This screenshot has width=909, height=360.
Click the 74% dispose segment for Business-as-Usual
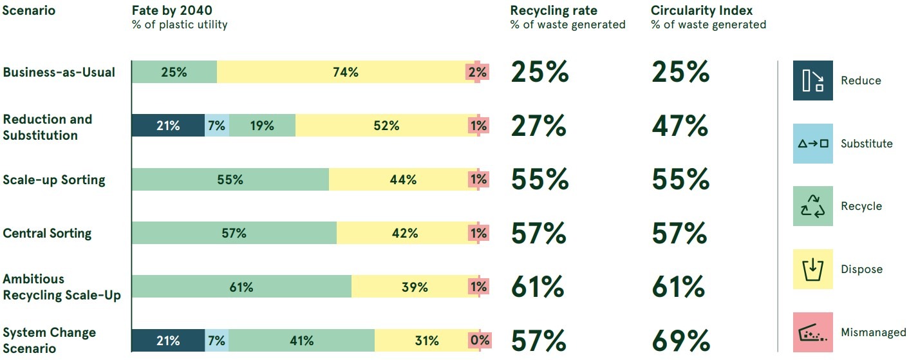(x=345, y=72)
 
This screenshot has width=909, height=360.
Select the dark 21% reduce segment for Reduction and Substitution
(x=168, y=126)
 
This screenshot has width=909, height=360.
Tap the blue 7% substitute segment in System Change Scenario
(x=216, y=341)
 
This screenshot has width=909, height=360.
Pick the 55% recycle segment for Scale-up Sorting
(x=230, y=180)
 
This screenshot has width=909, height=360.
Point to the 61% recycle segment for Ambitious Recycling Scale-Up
(x=241, y=287)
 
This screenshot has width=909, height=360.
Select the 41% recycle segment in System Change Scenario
(x=301, y=341)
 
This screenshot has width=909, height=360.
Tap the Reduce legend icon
(x=812, y=81)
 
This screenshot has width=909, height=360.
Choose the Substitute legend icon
(x=812, y=144)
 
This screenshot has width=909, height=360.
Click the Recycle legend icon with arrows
(x=812, y=206)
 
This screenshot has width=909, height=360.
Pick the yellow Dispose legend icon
(x=812, y=269)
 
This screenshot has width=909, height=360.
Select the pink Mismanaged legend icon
(x=812, y=332)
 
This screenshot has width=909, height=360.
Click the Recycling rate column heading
(x=554, y=11)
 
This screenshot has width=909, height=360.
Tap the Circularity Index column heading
(x=702, y=11)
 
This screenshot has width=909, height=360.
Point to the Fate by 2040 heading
(x=172, y=11)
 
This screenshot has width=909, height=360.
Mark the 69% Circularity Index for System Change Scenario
(x=680, y=341)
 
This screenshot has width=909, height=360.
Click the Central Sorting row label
(x=47, y=233)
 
